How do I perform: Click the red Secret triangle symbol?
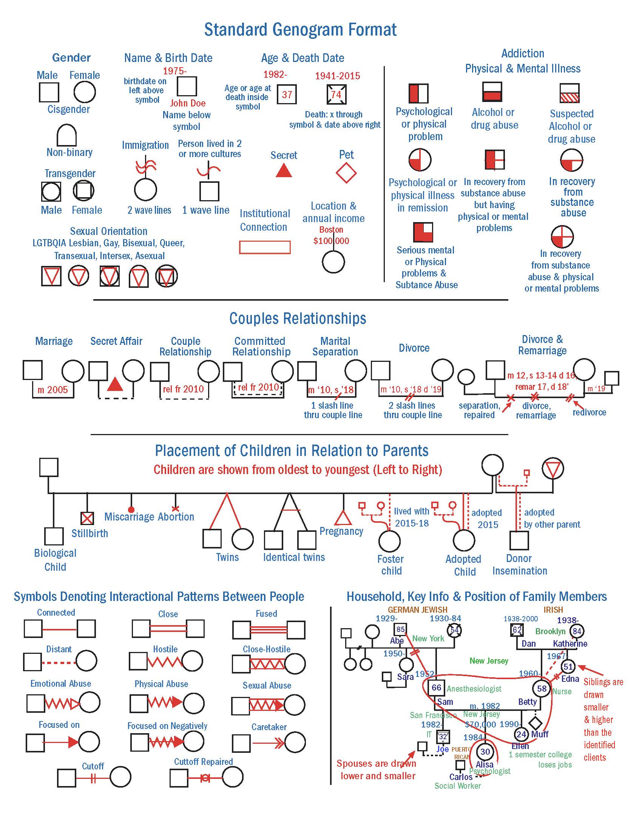point(284,171)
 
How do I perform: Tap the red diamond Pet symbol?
point(346,173)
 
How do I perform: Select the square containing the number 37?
point(287,94)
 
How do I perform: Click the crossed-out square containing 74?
point(336,94)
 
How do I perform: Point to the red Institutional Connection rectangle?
point(265,247)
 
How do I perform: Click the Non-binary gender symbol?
point(66,136)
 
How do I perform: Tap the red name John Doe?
point(188,103)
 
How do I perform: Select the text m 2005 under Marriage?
point(52,390)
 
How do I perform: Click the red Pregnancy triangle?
point(343,517)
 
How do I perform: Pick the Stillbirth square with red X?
point(88,518)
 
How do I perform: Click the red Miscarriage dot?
point(131,510)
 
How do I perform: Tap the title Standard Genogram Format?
point(300,30)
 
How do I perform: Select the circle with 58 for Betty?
point(542,688)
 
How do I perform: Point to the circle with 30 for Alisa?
point(485,751)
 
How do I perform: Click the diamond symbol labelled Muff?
point(536,723)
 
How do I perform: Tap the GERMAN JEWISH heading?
point(417,610)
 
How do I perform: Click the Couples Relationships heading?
point(298,318)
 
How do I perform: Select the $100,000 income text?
point(331,241)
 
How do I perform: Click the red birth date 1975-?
point(174,71)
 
